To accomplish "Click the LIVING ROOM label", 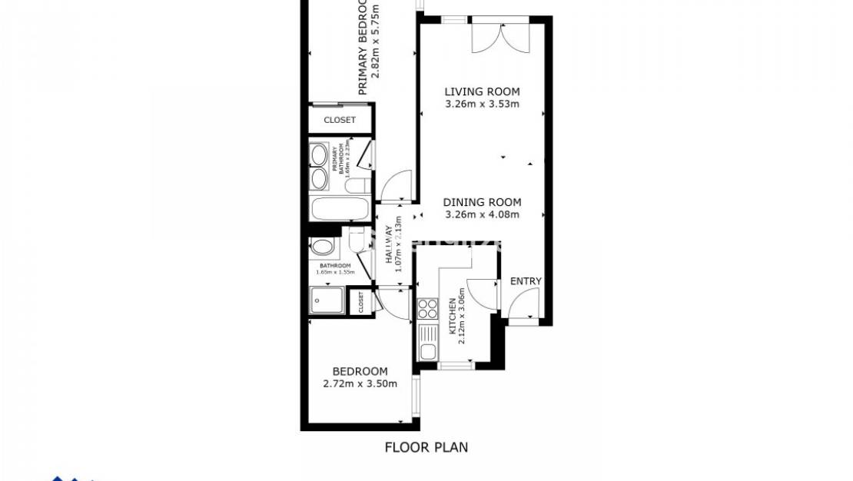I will point(482,91).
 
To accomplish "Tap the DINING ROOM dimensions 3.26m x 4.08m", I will point(482,214).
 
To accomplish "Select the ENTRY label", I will point(526,281).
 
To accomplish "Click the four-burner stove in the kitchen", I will point(426,310).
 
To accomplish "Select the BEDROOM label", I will point(360,371).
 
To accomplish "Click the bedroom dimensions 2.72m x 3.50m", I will point(360,383).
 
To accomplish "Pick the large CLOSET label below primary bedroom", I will point(340,120).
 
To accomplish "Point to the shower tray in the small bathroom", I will point(327,300).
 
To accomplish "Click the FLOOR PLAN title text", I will point(426,447).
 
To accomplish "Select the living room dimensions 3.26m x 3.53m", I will point(482,104).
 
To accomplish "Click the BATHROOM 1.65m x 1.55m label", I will point(335,269).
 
